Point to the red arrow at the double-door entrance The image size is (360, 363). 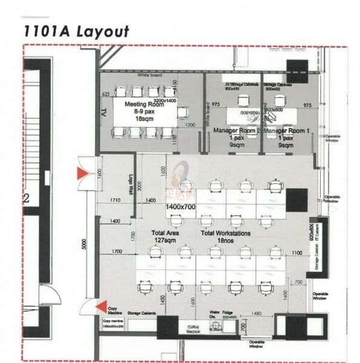tap(79, 174)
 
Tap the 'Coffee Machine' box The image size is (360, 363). tap(194, 329)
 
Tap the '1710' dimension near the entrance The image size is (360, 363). tap(116, 200)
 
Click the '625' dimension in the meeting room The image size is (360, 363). tap(106, 94)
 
